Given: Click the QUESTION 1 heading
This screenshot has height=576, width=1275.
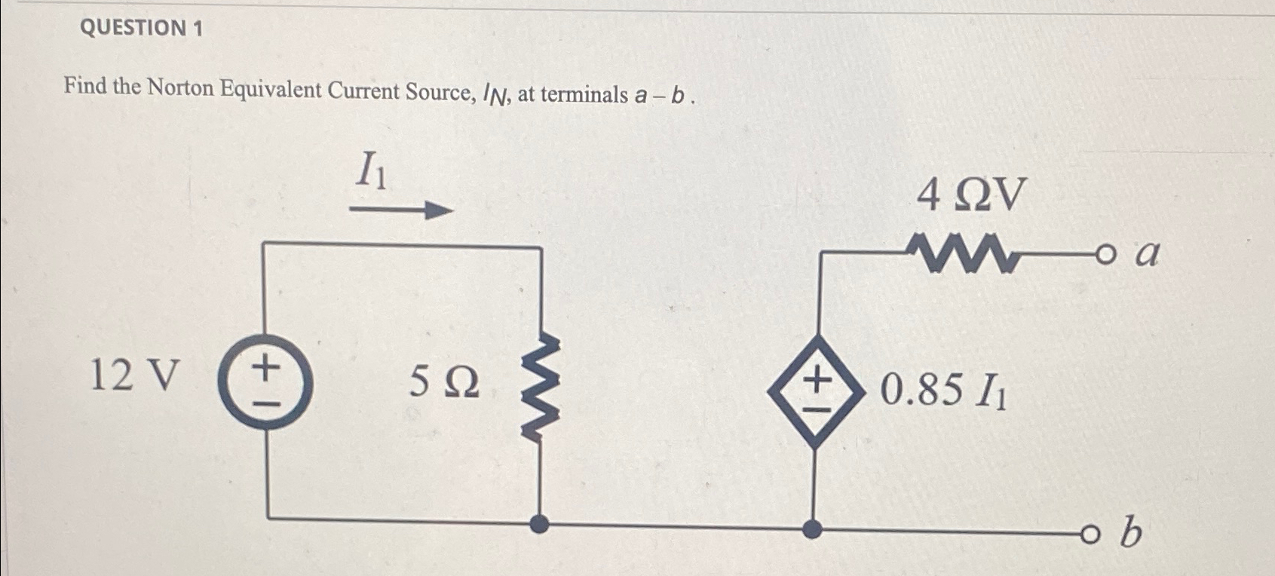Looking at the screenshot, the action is click(x=141, y=28).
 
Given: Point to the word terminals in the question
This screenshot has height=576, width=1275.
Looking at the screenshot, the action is click(x=584, y=95).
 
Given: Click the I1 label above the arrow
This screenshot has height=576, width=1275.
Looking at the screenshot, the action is click(x=372, y=170).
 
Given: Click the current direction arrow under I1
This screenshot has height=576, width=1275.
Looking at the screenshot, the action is click(x=400, y=210).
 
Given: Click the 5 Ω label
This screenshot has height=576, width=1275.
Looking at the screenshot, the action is click(x=444, y=383).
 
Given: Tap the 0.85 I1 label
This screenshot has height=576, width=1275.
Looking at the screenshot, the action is click(x=942, y=391).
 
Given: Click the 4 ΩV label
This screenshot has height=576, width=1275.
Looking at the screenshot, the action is click(x=971, y=196).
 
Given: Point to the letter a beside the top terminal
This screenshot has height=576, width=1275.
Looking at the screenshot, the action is click(x=1146, y=254).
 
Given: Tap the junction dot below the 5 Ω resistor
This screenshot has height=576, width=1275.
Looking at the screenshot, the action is click(x=539, y=524).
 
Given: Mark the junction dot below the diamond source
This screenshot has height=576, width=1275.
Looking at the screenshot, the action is click(x=812, y=529).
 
